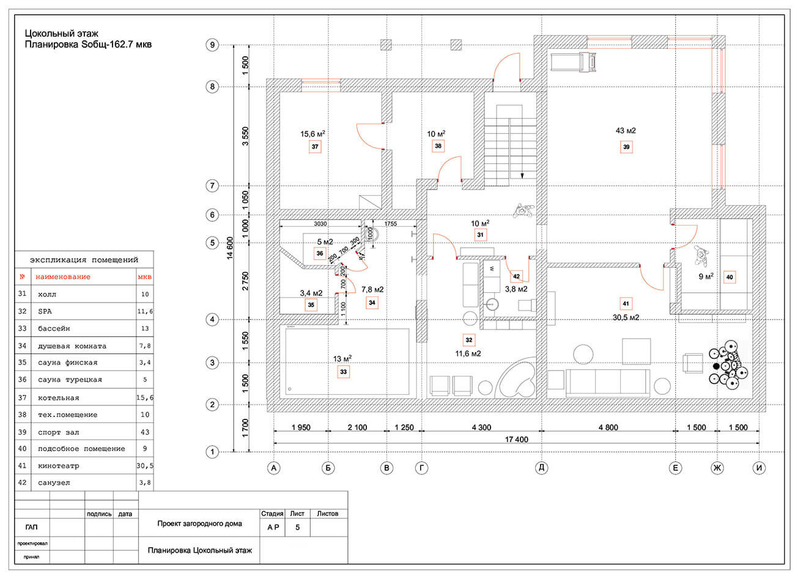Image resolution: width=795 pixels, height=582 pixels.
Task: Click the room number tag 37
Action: [315, 147]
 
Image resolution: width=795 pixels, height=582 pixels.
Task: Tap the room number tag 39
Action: [626, 147]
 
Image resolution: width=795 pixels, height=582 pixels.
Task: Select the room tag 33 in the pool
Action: [343, 371]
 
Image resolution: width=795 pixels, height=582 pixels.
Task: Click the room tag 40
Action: [730, 277]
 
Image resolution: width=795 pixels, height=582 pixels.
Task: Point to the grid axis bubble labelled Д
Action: [541, 468]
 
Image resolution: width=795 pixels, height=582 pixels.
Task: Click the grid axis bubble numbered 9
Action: [212, 45]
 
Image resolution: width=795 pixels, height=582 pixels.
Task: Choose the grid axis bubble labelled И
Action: [760, 468]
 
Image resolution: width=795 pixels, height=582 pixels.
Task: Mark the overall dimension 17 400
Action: [517, 439]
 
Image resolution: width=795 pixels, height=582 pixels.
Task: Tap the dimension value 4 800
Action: [608, 428]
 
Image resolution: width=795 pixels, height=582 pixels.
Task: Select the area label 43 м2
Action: [626, 130]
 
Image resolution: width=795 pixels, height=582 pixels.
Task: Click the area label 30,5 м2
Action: [626, 317]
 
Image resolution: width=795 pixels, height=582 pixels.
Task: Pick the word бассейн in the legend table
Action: [54, 328]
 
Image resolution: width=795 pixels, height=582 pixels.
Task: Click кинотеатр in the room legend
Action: [58, 466]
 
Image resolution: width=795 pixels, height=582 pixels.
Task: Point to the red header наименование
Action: [62, 277]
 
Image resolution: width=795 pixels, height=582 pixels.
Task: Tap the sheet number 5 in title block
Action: [297, 527]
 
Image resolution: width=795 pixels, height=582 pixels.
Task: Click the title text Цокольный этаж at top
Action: [61, 34]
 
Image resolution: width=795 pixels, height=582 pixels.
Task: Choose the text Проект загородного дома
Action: [199, 523]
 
